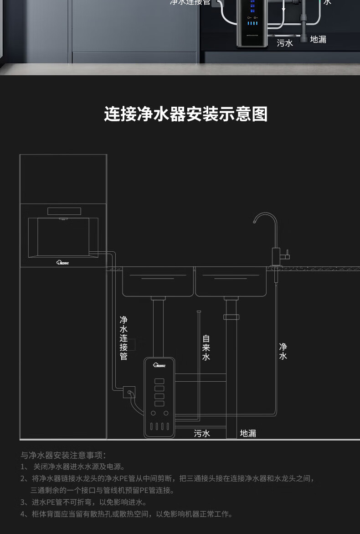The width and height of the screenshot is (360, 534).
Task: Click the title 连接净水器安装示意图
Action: [185, 114]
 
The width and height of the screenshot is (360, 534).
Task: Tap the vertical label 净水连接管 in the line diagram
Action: [123, 338]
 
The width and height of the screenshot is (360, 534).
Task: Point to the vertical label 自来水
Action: [206, 347]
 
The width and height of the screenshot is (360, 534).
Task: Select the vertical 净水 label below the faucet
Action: [283, 352]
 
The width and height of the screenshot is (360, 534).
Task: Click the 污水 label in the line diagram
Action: [202, 433]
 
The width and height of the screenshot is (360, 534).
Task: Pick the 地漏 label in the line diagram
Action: [248, 433]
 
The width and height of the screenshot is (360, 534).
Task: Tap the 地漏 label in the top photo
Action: [318, 40]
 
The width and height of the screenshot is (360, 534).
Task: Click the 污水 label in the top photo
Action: [285, 43]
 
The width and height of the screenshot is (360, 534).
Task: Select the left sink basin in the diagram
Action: [158, 282]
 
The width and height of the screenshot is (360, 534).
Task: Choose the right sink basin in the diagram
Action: [231, 282]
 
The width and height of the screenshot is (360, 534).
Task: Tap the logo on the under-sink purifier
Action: [159, 365]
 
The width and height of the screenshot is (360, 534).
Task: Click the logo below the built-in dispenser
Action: [63, 262]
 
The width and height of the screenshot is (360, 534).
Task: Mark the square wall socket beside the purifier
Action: [129, 392]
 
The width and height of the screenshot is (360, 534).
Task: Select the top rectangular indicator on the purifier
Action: [159, 381]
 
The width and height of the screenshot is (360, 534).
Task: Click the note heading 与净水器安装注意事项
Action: [63, 455]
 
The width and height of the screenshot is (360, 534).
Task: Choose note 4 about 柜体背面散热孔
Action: [126, 514]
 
